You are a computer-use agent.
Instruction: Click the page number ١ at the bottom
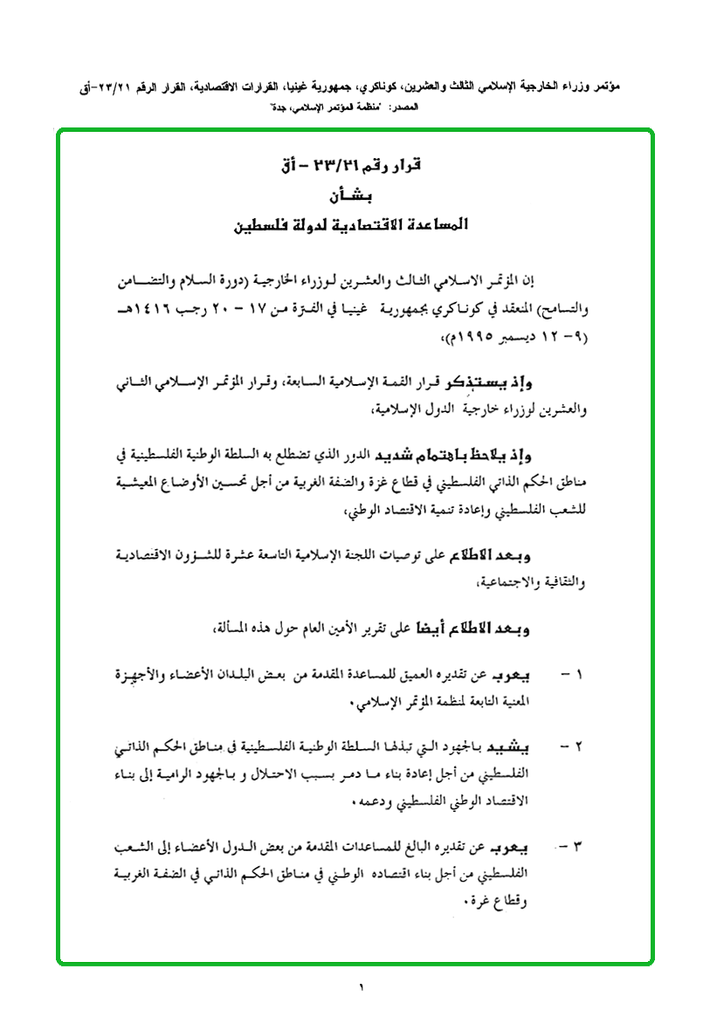[x=359, y=987]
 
